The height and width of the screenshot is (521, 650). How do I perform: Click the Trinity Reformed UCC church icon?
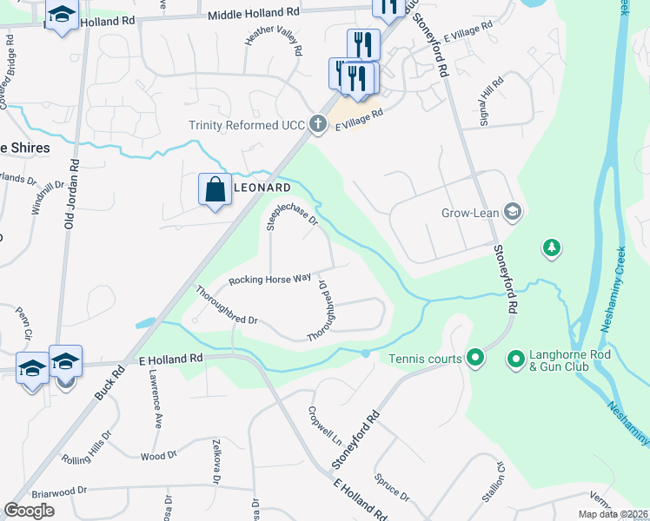pos(318,124)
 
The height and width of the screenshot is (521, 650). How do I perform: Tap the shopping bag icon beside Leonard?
pos(215,189)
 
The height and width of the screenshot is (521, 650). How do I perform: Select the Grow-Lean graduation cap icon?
pos(513,210)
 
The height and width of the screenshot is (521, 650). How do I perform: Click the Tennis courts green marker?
pos(474,357)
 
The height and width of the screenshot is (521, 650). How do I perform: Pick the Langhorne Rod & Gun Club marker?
pos(514,357)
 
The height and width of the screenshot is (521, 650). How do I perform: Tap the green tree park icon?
pos(551,249)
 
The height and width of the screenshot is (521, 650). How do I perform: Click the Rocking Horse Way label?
pos(269,280)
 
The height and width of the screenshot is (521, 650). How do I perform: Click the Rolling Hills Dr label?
pos(83,448)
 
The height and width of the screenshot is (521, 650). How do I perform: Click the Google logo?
pos(30,510)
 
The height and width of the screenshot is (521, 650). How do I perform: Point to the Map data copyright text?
pos(612,514)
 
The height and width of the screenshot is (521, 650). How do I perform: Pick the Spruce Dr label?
pos(392,487)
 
